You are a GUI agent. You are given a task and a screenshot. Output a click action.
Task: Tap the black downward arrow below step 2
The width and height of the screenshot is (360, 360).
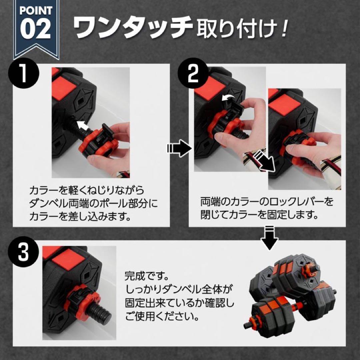pyautogui.click(x=269, y=237)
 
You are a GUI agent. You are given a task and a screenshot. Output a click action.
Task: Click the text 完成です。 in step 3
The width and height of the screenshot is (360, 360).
pyautogui.click(x=145, y=276)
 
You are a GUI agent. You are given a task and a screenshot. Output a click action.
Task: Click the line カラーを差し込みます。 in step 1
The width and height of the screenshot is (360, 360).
pyautogui.click(x=79, y=217)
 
